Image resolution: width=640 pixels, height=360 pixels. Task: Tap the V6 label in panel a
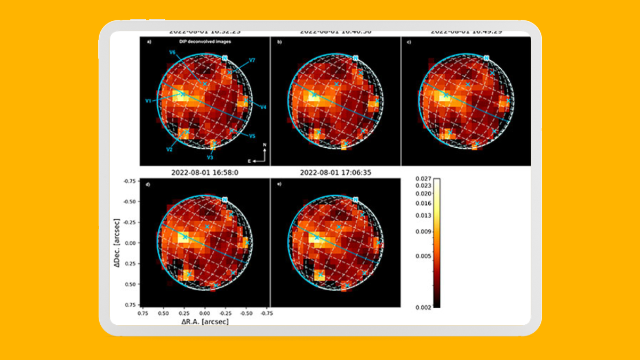click(172, 52)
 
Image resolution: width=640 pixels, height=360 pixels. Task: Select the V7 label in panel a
click(252, 61)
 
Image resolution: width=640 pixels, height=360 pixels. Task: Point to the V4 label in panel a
click(263, 108)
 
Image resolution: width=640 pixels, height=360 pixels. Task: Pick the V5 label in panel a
click(252, 136)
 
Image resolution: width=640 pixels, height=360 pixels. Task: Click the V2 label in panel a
click(169, 150)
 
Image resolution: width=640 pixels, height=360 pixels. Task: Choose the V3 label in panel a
click(210, 157)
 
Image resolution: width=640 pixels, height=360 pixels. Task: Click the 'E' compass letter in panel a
click(250, 160)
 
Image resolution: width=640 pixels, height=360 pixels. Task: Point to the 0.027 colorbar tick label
click(423, 179)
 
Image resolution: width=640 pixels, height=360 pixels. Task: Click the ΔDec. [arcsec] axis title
click(123, 242)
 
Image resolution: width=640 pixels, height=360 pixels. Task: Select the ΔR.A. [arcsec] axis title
click(205, 322)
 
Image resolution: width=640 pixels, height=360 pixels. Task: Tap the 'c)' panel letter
click(409, 41)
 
